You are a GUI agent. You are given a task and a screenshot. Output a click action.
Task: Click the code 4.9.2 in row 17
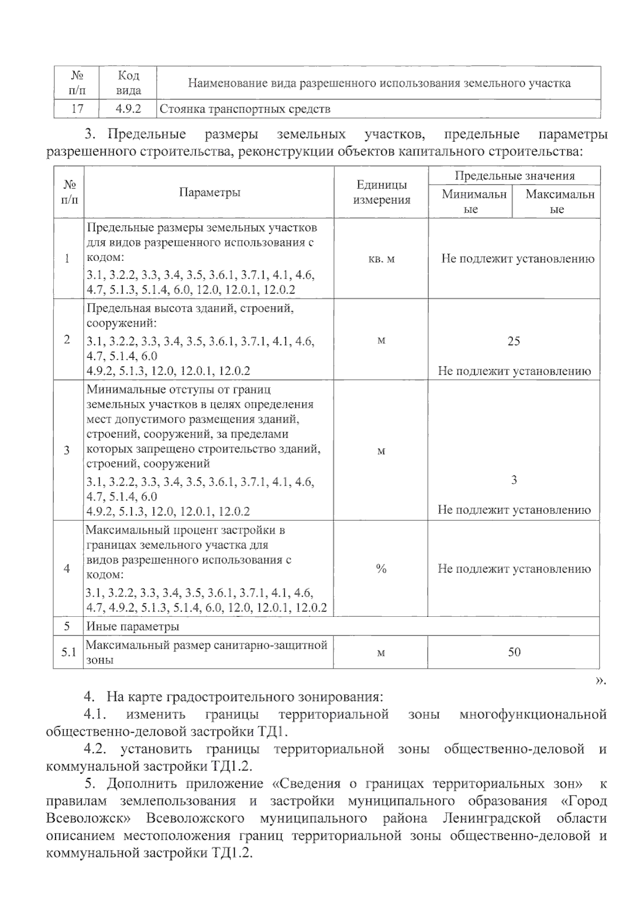pos(128,109)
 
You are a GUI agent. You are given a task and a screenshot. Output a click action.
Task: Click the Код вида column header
pos(128,83)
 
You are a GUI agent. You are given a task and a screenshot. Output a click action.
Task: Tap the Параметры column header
pos(209,193)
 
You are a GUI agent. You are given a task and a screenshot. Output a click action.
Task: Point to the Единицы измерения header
pos(381,193)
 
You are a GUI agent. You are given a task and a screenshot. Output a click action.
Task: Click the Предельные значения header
pos(514,176)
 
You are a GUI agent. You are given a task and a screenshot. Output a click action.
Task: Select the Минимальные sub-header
pos(470,201)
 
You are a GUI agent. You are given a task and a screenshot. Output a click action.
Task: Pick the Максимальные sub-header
pos(557,201)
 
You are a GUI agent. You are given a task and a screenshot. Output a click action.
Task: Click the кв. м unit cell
pos(381,259)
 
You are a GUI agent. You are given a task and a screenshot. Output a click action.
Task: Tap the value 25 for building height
pos(514,341)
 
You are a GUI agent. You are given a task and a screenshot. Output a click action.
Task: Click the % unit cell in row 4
pos(381,569)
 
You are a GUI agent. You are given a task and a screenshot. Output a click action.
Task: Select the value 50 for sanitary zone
pos(514,651)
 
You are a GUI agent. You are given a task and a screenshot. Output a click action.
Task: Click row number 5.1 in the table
pos(68,652)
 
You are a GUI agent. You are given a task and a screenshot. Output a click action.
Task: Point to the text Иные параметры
pos(133,626)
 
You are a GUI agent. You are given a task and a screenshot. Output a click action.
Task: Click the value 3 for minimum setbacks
pos(514,480)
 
